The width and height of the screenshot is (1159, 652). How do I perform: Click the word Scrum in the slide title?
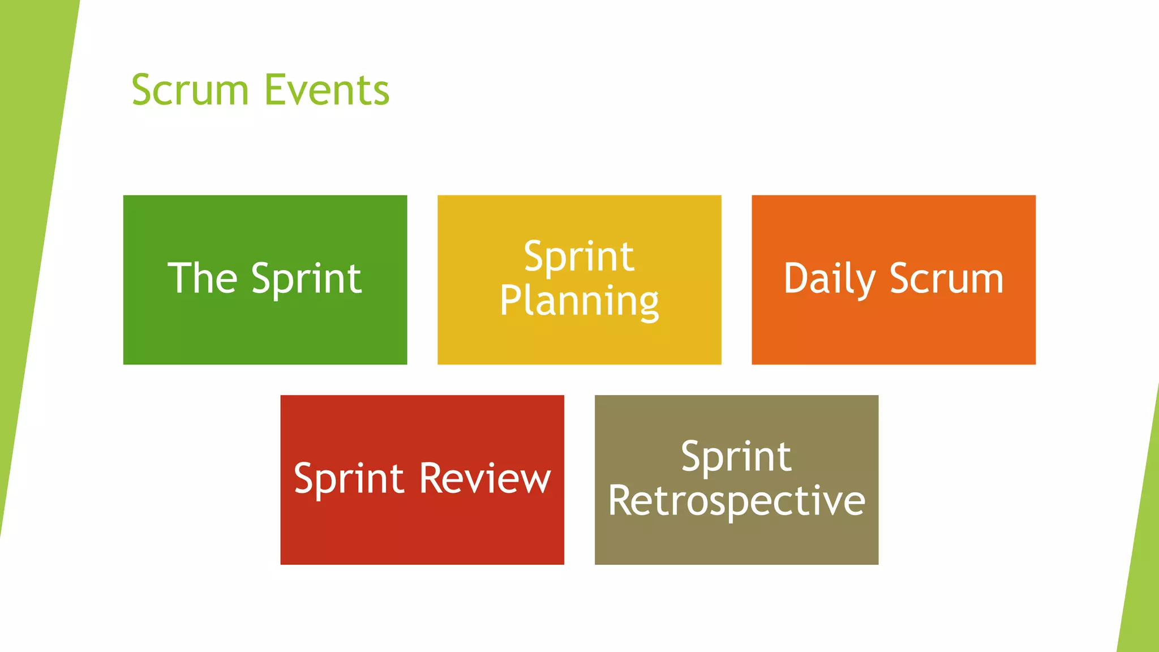tap(190, 91)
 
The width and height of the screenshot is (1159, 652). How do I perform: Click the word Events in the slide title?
tap(327, 91)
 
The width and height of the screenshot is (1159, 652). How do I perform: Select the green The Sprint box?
tap(265, 334)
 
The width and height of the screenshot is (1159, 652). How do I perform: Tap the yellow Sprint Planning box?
tap(579, 345)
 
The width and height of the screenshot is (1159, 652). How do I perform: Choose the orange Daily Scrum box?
tap(893, 334)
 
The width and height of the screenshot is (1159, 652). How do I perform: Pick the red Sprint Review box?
tap(422, 532)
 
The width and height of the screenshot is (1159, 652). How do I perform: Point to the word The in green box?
tap(202, 278)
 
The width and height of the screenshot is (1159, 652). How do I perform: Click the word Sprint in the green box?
tap(306, 280)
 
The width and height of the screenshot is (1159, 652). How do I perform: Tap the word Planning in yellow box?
tap(579, 302)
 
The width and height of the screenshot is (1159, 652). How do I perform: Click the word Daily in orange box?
tap(830, 279)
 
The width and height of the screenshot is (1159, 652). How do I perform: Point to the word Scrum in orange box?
tap(947, 278)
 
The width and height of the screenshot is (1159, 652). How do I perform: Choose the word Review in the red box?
tap(485, 479)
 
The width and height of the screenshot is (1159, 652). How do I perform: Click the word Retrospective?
tap(736, 501)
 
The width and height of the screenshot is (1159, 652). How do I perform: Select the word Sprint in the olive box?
tap(736, 457)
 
